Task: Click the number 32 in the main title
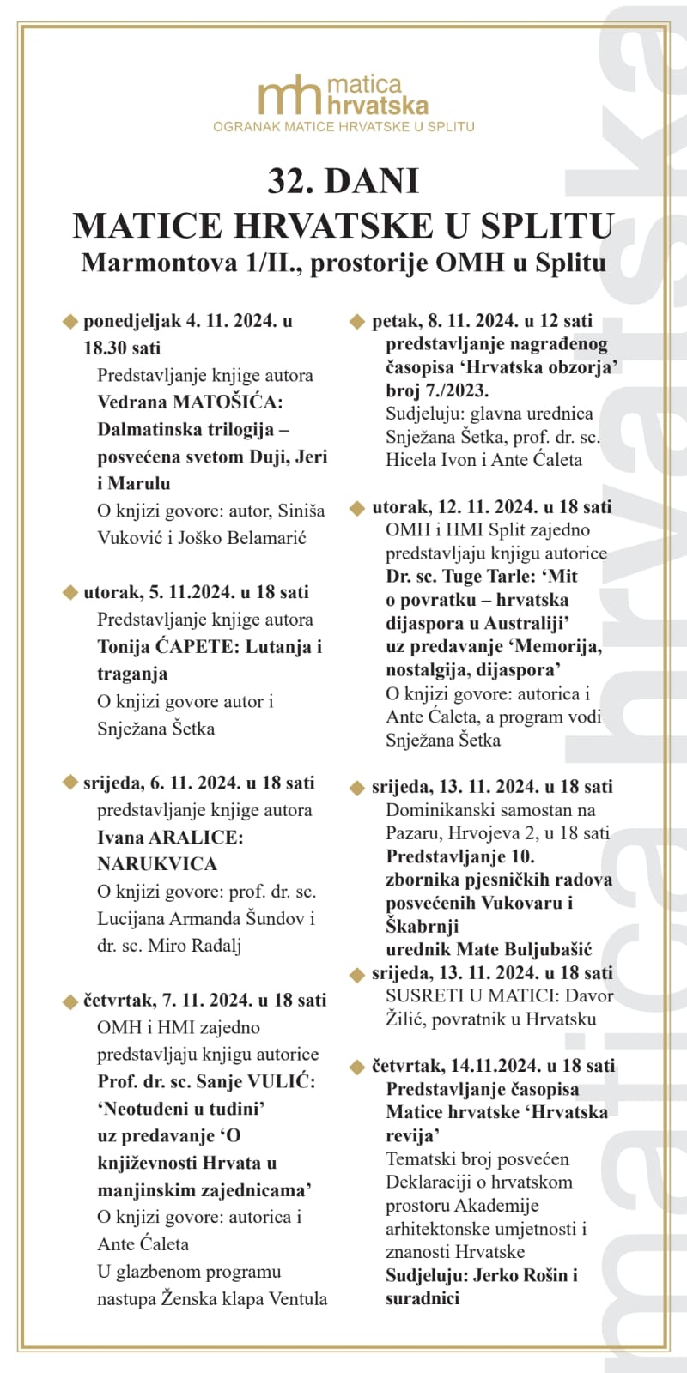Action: (287, 181)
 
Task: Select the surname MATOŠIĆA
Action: (228, 402)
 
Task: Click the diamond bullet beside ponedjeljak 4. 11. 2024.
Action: (70, 322)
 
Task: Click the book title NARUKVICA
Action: (157, 864)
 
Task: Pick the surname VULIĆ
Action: (279, 1081)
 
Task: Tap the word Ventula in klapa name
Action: (295, 1298)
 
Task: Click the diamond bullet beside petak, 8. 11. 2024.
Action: (357, 322)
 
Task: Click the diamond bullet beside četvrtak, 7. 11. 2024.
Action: (70, 1001)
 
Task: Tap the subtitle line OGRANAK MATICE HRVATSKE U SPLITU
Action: (343, 127)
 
